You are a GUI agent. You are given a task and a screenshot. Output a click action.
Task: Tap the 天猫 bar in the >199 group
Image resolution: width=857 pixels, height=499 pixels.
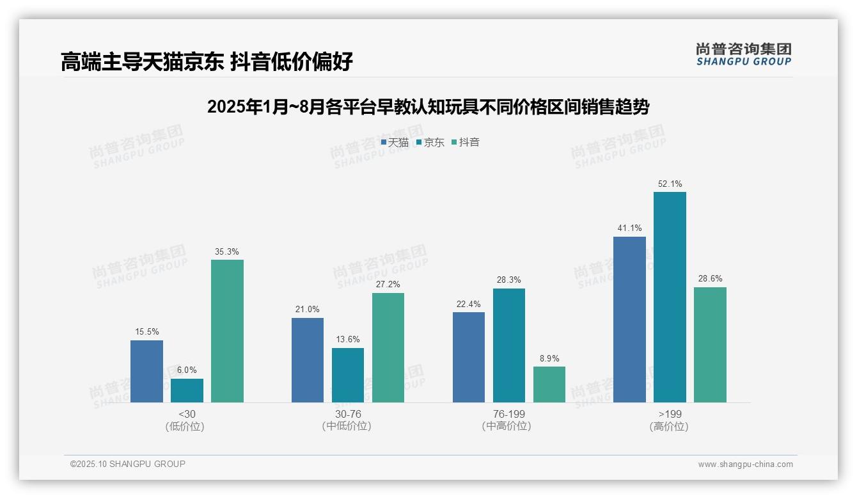pos(629,319)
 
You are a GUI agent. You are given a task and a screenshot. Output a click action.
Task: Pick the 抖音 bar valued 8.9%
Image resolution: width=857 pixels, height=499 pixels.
pos(549,384)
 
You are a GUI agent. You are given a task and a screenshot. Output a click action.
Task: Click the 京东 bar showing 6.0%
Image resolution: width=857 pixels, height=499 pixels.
pos(187,390)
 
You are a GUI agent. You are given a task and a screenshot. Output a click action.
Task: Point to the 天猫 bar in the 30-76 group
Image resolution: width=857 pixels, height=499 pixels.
pos(308,360)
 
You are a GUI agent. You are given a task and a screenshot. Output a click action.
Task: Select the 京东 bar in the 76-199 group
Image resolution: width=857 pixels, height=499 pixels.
pos(509,345)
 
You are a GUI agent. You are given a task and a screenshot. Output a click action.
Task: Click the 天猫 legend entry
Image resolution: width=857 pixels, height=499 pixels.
pos(395,142)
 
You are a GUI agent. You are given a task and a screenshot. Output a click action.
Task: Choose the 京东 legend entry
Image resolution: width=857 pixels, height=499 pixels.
pos(430,142)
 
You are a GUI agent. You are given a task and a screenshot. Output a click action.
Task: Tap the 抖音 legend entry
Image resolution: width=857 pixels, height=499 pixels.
pos(466,142)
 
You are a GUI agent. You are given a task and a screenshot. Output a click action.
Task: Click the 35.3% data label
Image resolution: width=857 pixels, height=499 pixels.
pos(227,251)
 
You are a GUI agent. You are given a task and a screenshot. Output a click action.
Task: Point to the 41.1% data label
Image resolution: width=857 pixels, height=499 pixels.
pos(629,228)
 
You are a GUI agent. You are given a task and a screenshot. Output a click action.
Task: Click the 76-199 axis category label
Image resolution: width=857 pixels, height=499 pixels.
pos(508,414)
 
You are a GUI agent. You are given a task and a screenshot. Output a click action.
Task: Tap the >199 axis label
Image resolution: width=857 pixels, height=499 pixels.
pos(670,414)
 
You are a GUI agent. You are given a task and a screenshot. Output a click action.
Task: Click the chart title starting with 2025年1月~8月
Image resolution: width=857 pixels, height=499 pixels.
pos(428,107)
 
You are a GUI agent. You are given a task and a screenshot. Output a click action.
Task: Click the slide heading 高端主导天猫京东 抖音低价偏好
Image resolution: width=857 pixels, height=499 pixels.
pos(207,61)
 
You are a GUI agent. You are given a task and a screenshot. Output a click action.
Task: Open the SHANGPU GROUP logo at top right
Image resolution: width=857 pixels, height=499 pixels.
pos(744,54)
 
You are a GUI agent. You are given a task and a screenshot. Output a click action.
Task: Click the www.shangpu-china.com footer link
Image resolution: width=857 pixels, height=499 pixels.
pos(745,464)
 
